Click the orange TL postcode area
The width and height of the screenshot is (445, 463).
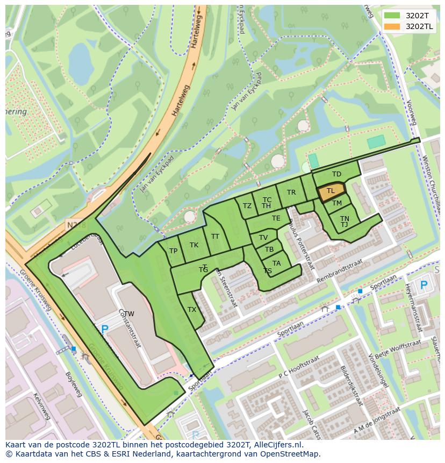point(331,191)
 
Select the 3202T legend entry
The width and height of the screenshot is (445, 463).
point(408,16)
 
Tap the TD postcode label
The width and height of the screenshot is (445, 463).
point(336,174)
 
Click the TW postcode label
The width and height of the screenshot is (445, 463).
point(129,314)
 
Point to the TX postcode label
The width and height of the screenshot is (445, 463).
point(192,310)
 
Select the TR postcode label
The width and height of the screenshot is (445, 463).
point(291,193)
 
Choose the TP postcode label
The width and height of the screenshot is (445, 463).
point(173,251)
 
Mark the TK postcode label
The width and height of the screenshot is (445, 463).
point(194,245)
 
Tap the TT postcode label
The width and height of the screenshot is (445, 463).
point(215,237)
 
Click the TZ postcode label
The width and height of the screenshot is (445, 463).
point(247,206)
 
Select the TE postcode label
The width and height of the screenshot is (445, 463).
point(276,218)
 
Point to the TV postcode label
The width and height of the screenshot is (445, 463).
point(263,238)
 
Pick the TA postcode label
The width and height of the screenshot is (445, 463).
point(276,263)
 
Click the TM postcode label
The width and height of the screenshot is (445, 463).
point(337,203)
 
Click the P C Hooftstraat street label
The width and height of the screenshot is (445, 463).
point(299,367)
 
